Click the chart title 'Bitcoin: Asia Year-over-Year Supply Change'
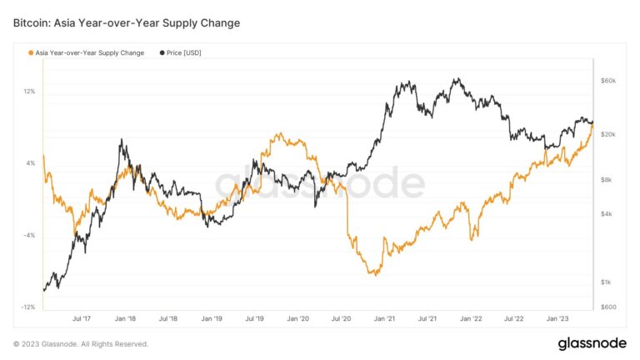click(x=127, y=22)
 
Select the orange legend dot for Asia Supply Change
click(x=32, y=52)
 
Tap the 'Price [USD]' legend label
click(x=183, y=52)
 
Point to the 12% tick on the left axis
click(x=29, y=91)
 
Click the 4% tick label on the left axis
click(x=31, y=163)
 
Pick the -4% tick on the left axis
click(x=29, y=236)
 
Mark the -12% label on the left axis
click(x=27, y=307)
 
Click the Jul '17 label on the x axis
click(x=82, y=318)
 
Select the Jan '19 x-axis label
click(x=212, y=318)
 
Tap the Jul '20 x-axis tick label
click(x=341, y=318)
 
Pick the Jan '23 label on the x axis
click(x=557, y=318)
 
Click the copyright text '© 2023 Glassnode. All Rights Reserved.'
click(x=81, y=343)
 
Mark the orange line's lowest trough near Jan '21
click(x=376, y=274)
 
